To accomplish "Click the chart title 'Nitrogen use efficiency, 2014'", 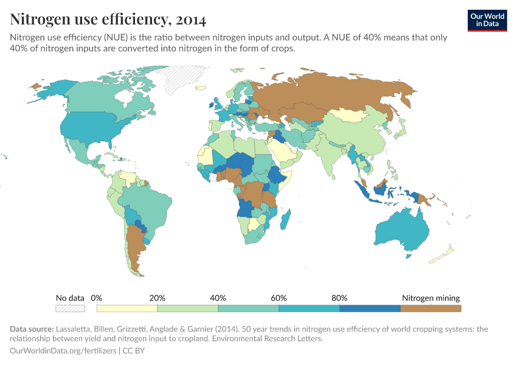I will point(108,19).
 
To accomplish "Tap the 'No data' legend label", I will point(70,298).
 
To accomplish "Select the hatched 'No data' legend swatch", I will point(70,308).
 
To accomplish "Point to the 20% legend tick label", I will point(158,298).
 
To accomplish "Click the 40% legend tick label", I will point(218,298).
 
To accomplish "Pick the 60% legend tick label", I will point(279,298).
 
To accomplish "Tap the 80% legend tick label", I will point(340,298).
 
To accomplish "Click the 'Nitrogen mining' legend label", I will point(431,298).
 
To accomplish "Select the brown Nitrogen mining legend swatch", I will point(431,308).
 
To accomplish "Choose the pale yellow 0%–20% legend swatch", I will point(127,308).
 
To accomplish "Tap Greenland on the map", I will point(178,79).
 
